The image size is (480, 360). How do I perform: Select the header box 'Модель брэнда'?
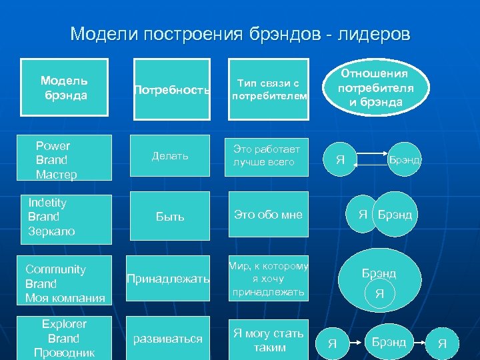(64, 87)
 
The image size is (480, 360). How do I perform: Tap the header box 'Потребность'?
(172, 89)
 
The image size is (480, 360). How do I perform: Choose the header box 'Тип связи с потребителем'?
(269, 89)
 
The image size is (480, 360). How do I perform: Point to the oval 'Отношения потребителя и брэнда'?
(375, 87)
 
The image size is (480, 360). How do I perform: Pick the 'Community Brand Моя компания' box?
(64, 283)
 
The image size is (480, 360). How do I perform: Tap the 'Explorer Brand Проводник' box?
(64, 338)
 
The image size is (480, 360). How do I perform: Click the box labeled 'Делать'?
(171, 156)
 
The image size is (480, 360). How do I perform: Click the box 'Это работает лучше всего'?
(269, 156)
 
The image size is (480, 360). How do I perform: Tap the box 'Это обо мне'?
(269, 215)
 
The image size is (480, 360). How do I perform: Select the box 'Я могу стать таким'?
(269, 340)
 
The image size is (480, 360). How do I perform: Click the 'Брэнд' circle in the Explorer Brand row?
(389, 342)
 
